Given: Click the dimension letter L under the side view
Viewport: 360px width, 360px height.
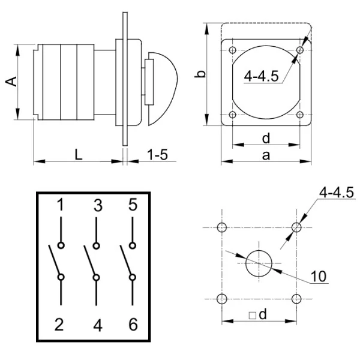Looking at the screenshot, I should pos(79,154).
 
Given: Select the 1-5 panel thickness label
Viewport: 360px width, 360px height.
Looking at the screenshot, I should pos(157,154).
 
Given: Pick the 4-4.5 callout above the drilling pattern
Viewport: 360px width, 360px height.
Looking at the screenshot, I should pos(337,193).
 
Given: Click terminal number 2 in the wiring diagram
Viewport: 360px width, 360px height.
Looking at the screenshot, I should pos(59,325).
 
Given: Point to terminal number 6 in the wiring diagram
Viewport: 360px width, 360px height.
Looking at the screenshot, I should pos(133,325).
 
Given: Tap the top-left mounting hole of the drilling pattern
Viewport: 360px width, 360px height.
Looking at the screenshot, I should pos(223,227).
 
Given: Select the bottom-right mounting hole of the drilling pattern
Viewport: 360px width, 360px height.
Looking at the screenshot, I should pos(295,299).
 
